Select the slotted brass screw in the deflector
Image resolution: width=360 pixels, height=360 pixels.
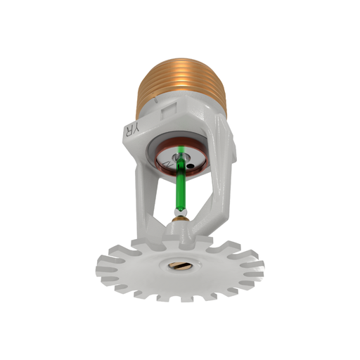point(176,266)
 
